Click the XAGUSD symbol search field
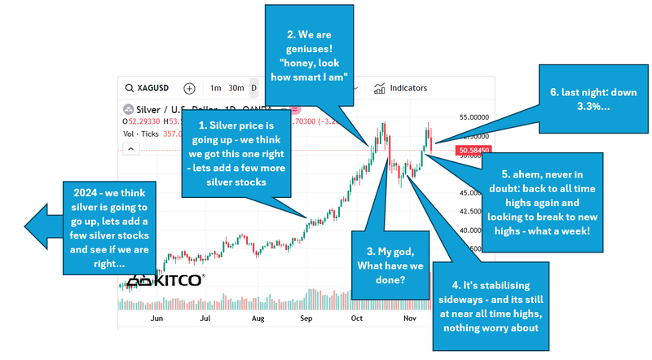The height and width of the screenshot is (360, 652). tap(151, 88)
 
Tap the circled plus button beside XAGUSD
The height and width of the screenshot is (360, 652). tap(189, 88)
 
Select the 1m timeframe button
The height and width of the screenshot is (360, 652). tap(215, 88)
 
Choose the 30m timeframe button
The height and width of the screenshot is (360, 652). tap(236, 88)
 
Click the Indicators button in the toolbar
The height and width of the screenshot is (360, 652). tap(400, 88)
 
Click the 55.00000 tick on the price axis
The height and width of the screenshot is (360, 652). tap(474, 117)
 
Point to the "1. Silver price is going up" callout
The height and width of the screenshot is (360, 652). tap(236, 155)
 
